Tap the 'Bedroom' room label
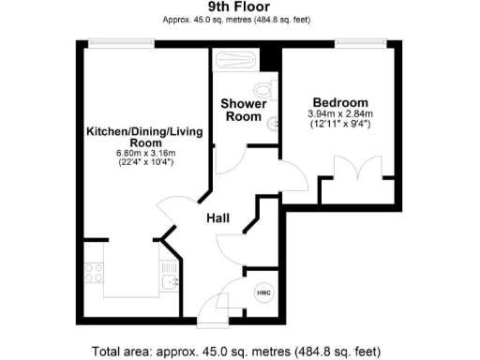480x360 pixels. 340,102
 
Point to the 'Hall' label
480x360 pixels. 219,217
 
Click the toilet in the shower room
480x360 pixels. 267,91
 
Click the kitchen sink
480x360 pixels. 169,281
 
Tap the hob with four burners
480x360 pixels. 94,274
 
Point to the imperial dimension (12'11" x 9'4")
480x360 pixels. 340,125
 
